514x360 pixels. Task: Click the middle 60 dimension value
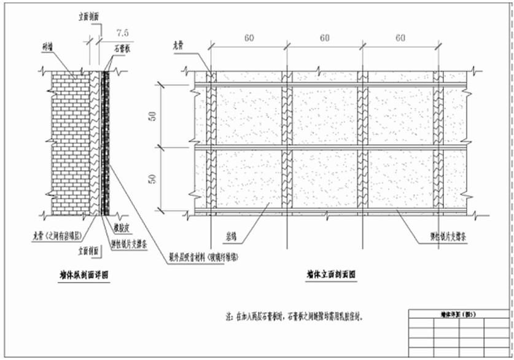pyautogui.click(x=325, y=38)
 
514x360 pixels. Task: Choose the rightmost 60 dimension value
pyautogui.click(x=400, y=38)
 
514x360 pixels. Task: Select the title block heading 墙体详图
pyautogui.click(x=459, y=313)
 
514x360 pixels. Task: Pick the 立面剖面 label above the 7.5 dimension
pyautogui.click(x=90, y=18)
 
